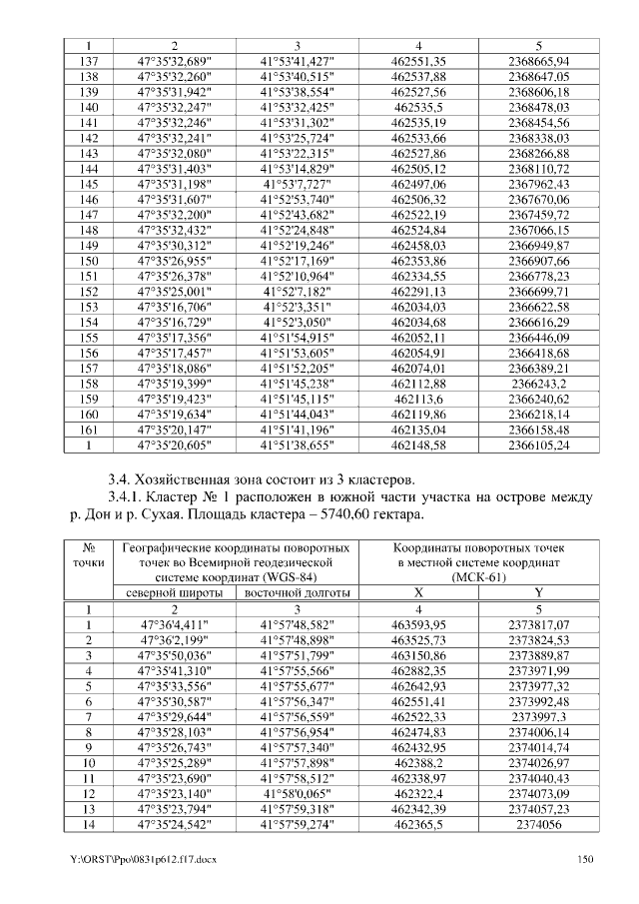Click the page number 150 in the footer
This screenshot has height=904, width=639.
coord(586,859)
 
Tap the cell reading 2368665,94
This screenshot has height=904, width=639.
coord(539,62)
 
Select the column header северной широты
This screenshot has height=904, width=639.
coord(174,593)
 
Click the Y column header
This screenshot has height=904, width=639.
coord(539,593)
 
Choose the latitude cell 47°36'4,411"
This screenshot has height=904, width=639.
coord(174,624)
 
